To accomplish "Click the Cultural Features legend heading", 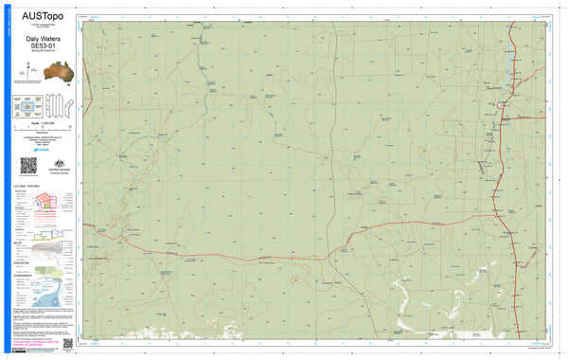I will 28,188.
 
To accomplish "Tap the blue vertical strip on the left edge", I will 6,180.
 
